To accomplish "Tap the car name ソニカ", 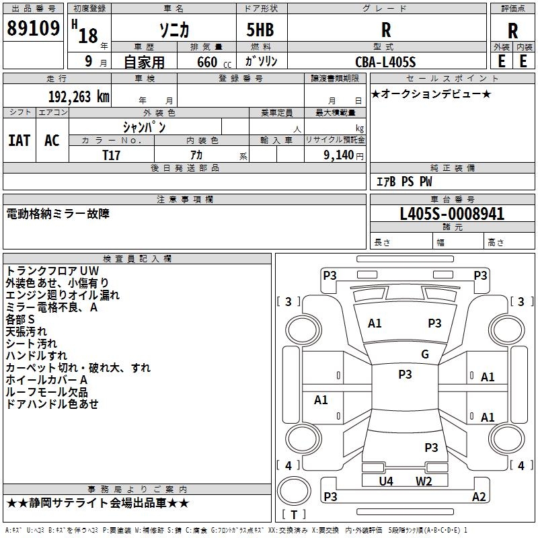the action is tap(174, 29).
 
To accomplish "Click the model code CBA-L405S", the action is tap(385, 62).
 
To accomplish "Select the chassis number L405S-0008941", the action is tap(452, 214).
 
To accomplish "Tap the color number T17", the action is tap(112, 155).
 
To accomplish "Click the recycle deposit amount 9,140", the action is tap(338, 155).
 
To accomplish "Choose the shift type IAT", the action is tap(20, 140).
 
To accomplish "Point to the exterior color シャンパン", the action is tap(144, 126).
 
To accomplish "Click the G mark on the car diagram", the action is tap(425, 354).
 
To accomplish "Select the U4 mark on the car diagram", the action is tap(386, 481).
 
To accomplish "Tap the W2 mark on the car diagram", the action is tap(424, 481).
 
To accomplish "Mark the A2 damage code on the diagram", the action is tap(479, 496).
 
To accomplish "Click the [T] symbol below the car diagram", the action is tap(294, 514).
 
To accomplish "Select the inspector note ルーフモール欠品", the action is tap(46, 391).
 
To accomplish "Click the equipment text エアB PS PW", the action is tap(403, 182).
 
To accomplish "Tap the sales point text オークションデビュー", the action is tap(431, 94).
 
